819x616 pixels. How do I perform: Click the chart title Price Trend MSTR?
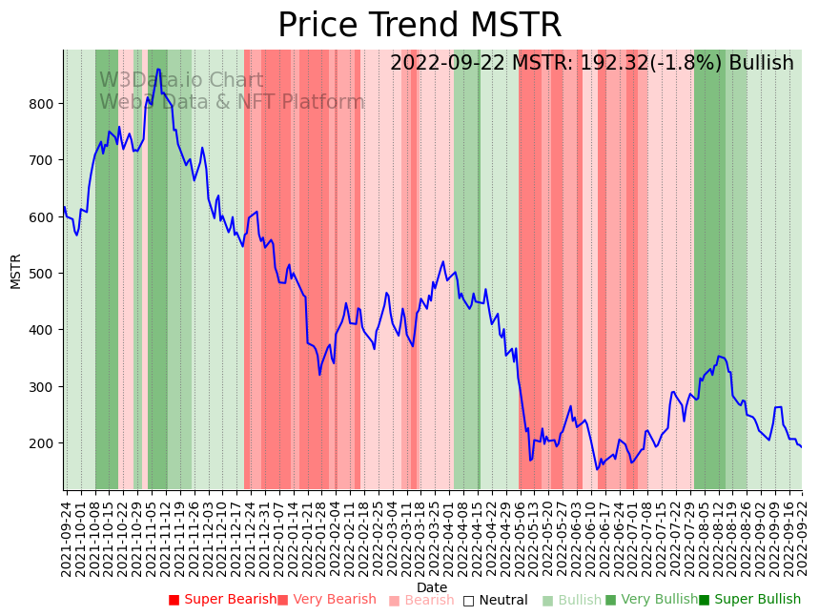(x=420, y=26)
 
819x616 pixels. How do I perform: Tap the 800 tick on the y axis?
(x=46, y=103)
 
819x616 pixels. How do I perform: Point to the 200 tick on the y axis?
(x=46, y=443)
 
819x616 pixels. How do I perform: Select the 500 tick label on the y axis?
(x=46, y=274)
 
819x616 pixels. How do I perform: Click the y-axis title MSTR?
(x=16, y=271)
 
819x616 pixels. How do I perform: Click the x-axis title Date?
(x=432, y=587)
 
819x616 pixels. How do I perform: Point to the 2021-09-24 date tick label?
(x=67, y=539)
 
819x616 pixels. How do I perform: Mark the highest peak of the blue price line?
(x=158, y=70)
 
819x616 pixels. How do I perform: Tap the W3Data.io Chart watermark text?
(x=181, y=80)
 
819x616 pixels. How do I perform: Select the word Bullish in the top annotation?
(x=761, y=64)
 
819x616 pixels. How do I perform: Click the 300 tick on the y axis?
(x=46, y=386)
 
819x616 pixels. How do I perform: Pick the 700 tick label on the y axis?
(x=46, y=160)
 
